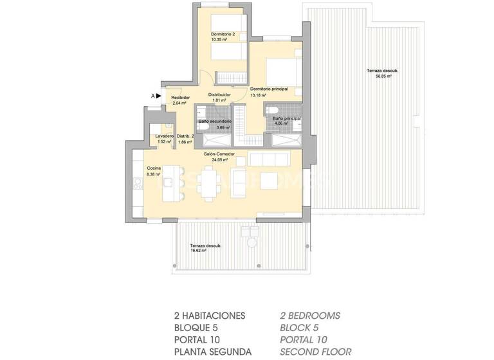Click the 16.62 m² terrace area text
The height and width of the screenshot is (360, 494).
198,251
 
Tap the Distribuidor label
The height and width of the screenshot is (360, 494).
219,94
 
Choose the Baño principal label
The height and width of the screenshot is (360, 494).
286,118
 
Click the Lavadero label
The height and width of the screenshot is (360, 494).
165,136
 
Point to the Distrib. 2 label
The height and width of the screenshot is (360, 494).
185,136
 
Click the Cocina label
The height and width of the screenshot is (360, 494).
154,168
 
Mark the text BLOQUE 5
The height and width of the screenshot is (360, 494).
199,327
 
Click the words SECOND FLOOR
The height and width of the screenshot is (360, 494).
315,352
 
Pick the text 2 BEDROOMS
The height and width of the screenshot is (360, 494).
310,315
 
